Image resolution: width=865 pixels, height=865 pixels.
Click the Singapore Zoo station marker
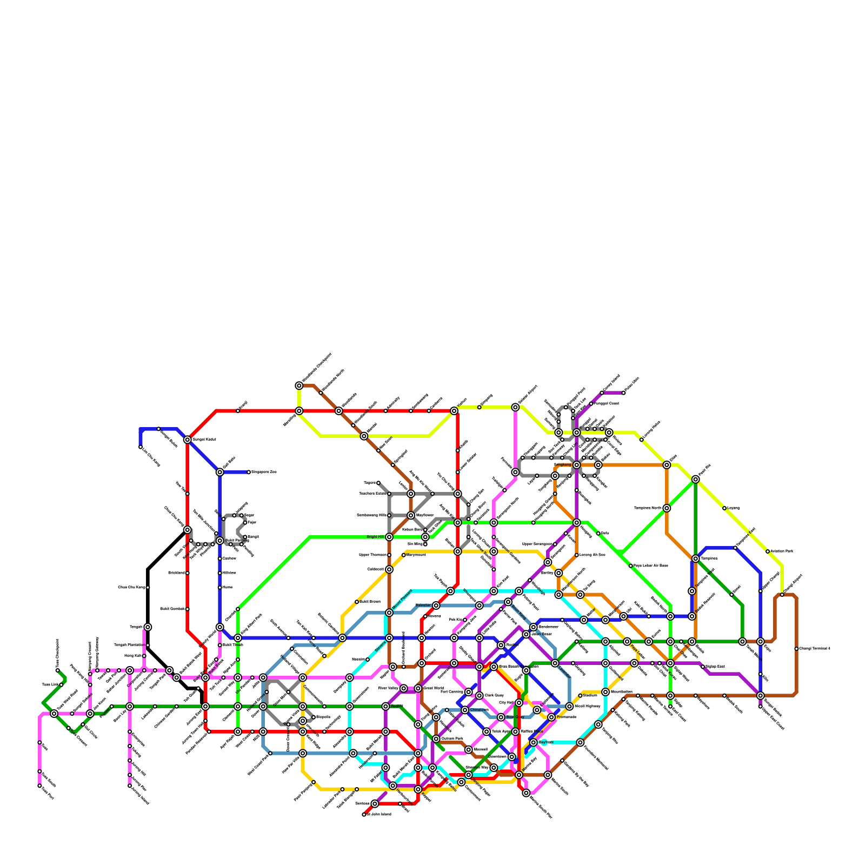(x=249, y=472)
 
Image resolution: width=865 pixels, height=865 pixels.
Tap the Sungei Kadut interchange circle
(x=188, y=440)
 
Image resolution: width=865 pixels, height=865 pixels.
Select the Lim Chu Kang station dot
(x=141, y=447)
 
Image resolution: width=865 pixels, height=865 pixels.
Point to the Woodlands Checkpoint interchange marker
(x=299, y=385)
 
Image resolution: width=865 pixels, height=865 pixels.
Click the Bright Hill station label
(x=375, y=537)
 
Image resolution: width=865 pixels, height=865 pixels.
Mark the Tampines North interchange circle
(x=667, y=508)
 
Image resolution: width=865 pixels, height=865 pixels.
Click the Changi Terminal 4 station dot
(x=796, y=649)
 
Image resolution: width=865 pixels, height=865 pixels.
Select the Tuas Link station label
(x=49, y=684)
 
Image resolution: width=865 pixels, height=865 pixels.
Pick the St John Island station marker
(x=364, y=814)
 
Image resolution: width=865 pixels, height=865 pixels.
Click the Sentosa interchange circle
(x=375, y=804)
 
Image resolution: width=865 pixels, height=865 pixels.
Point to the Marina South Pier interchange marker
(x=526, y=793)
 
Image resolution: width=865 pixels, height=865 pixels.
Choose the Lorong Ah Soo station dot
(x=577, y=555)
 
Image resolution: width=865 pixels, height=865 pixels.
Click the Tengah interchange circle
(x=148, y=627)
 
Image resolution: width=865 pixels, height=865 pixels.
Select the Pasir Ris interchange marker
(x=696, y=480)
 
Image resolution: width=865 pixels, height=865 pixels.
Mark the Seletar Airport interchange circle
(x=515, y=407)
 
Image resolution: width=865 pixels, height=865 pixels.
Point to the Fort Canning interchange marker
(x=469, y=692)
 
